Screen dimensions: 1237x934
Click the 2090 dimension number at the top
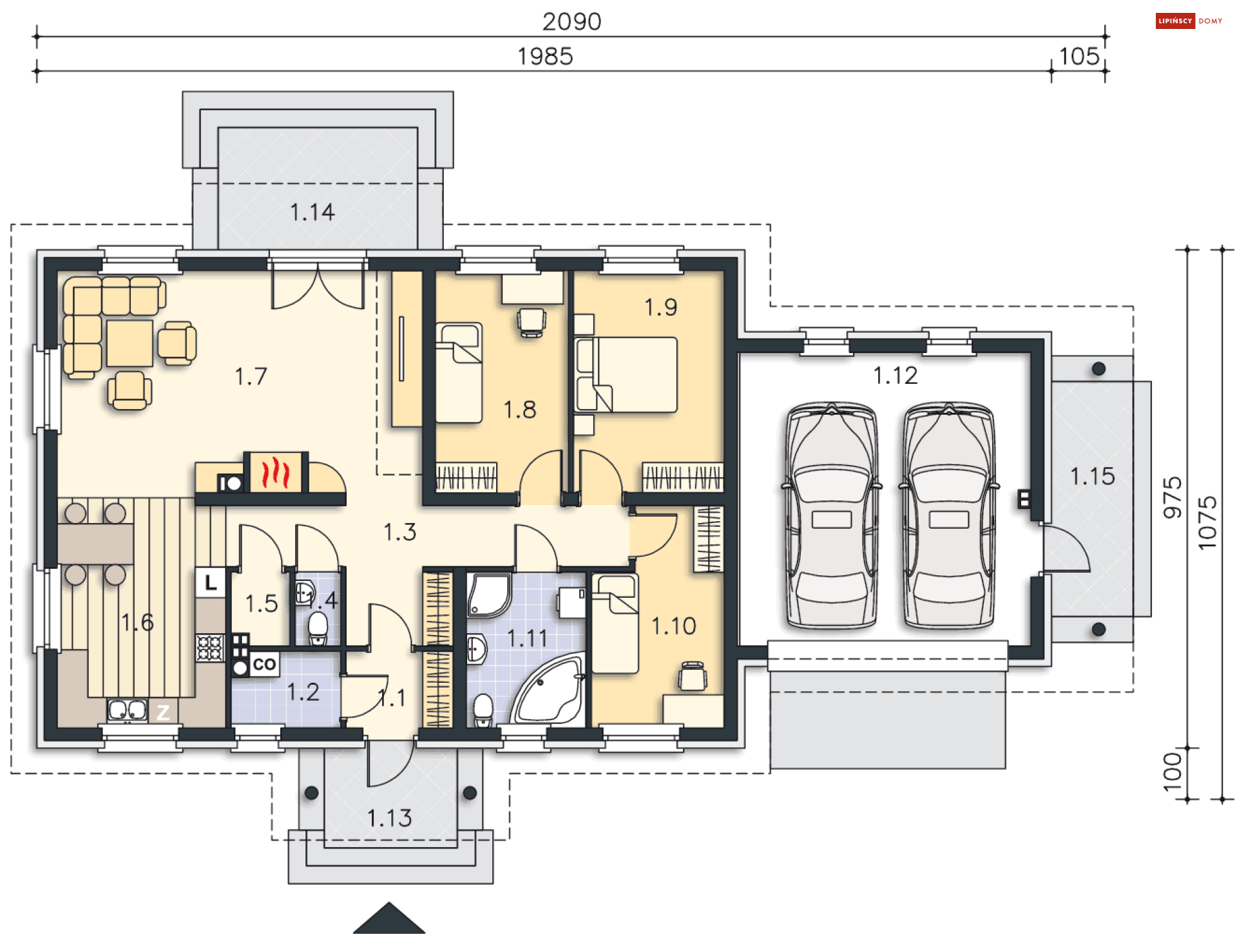(x=571, y=22)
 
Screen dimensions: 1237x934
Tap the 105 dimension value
(x=1079, y=57)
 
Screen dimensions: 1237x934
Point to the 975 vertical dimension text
(x=1173, y=497)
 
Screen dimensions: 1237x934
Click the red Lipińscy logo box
(x=1175, y=21)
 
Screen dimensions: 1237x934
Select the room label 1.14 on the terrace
(x=312, y=212)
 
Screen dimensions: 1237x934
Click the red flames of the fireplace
(x=275, y=472)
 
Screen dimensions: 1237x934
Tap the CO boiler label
(x=264, y=664)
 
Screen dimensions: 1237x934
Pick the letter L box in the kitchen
(x=211, y=583)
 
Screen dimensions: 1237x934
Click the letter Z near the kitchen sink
(x=163, y=712)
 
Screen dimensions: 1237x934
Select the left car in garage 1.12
(x=831, y=515)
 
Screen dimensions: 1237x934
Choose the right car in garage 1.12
(x=948, y=515)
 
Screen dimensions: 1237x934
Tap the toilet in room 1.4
(x=318, y=628)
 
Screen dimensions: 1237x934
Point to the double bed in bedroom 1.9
(x=626, y=374)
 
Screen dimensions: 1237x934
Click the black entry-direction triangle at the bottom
(x=389, y=918)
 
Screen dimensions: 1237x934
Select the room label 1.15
(x=1092, y=477)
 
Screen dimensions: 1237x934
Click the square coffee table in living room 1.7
(x=129, y=343)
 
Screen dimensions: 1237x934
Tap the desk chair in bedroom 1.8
(x=532, y=323)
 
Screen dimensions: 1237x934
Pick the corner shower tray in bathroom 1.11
(x=489, y=595)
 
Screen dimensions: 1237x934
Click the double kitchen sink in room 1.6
(x=128, y=710)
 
